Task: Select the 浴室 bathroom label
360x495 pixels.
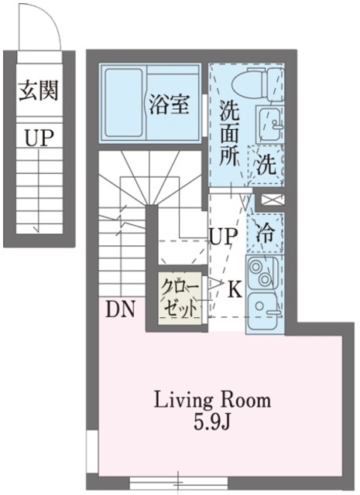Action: click(168, 105)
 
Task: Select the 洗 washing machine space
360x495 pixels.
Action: click(266, 164)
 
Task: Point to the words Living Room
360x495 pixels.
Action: click(212, 400)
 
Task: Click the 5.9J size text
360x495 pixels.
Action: click(212, 423)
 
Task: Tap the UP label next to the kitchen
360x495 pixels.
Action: click(221, 237)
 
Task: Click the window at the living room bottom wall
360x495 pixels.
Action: click(179, 483)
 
